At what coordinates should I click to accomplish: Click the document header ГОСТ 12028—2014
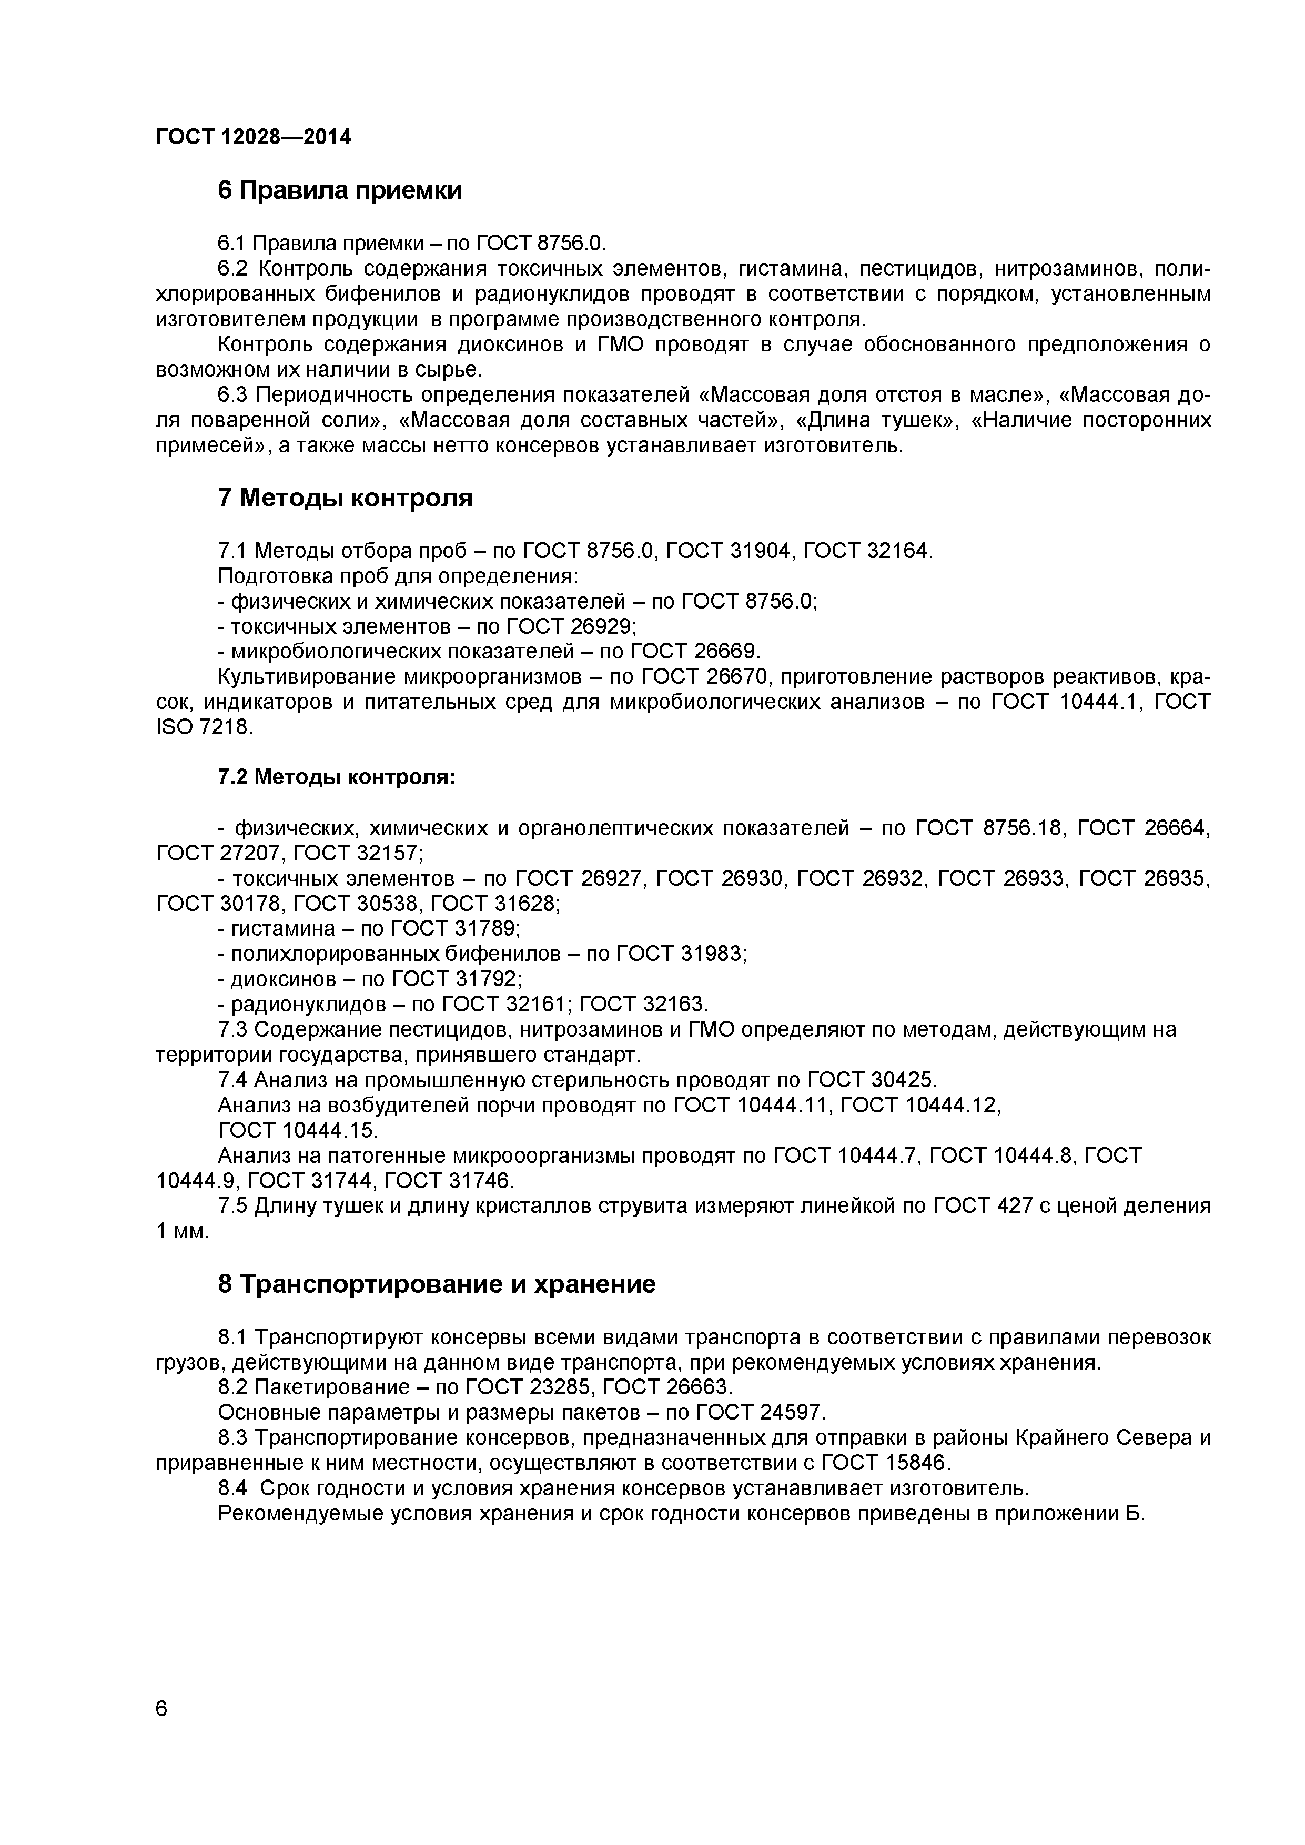coord(253,137)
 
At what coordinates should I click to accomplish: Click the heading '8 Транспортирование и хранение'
coord(437,1284)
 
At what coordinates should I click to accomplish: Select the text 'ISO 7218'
coord(203,728)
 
